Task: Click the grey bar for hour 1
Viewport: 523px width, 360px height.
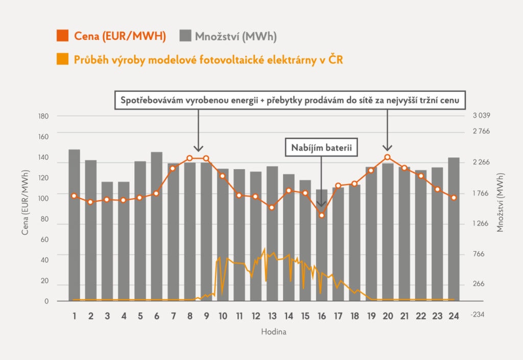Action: click(x=75, y=225)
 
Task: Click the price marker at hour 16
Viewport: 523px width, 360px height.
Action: click(x=322, y=215)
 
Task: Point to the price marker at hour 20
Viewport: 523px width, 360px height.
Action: click(x=388, y=157)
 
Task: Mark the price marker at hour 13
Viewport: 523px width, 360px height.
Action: click(x=272, y=207)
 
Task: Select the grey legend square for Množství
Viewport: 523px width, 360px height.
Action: click(x=186, y=36)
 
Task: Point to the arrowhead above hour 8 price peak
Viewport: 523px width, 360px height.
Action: click(x=198, y=148)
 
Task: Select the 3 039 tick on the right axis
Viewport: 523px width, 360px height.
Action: click(x=482, y=116)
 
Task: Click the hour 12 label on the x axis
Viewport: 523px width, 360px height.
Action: click(x=255, y=316)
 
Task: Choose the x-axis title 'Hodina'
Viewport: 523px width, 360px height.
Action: click(x=273, y=332)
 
